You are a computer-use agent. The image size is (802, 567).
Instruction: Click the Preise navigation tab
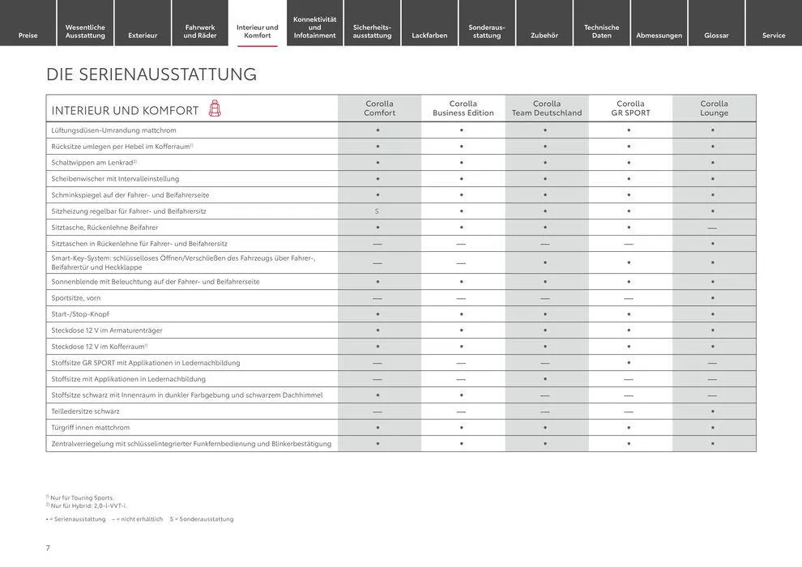(x=28, y=35)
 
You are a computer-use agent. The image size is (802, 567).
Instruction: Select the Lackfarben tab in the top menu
(x=429, y=35)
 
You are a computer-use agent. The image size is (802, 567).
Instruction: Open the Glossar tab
(x=716, y=35)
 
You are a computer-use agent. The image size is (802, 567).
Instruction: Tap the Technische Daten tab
(x=601, y=31)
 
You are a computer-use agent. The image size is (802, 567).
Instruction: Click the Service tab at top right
(x=773, y=35)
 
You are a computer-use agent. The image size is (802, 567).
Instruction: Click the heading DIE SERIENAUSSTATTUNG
(x=151, y=75)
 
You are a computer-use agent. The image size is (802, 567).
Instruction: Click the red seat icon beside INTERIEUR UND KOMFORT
(x=215, y=109)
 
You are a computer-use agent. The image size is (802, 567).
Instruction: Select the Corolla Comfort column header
(x=379, y=108)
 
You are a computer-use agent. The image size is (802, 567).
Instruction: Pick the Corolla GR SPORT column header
(x=630, y=108)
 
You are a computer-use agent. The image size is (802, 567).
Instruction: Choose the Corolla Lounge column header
(x=714, y=108)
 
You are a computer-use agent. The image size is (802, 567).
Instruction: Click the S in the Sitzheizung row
(x=377, y=211)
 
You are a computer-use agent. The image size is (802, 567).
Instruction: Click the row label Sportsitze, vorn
(x=76, y=298)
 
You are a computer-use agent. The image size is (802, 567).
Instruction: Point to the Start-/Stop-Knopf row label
(x=80, y=314)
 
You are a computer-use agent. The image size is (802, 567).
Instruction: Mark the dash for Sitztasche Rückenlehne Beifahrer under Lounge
(x=712, y=228)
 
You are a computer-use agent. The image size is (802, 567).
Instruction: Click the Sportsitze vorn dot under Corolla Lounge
(x=713, y=298)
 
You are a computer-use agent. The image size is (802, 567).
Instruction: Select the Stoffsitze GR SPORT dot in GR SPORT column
(x=629, y=363)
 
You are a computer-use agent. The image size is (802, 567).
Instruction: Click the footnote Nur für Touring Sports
(x=81, y=497)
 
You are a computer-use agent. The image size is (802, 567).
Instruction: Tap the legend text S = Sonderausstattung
(x=202, y=519)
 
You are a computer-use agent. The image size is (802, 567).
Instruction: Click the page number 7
(x=48, y=548)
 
